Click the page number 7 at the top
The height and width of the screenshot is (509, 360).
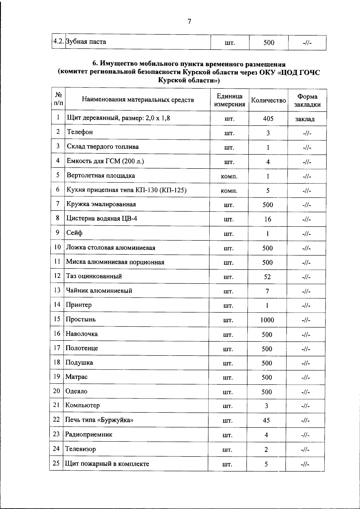pos(189,22)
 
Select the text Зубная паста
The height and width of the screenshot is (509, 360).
pos(86,42)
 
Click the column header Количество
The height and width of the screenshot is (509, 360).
pos(268,100)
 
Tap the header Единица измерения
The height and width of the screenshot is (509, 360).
pos(229,100)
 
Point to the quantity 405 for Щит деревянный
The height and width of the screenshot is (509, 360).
pos(268,119)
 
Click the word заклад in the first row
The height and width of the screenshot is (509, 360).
pos(305,119)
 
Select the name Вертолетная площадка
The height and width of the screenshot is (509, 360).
pos(101,176)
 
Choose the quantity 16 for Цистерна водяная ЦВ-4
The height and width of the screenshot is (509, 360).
pos(268,219)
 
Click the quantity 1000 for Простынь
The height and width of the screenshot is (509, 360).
pos(267,320)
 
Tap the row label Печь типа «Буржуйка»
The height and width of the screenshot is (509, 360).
pos(99,420)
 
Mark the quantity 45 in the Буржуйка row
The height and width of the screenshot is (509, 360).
pos(266,421)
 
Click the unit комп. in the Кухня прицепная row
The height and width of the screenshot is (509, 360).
pos(229,191)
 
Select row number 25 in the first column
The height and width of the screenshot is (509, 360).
pos(56,463)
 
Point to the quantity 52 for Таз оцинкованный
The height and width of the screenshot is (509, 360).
pos(267,277)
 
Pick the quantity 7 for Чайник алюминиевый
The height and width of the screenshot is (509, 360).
pos(267,291)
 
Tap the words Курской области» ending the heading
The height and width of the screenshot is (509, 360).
pos(189,80)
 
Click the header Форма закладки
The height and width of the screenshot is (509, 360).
pos(307,100)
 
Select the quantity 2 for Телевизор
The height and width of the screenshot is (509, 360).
pos(266,450)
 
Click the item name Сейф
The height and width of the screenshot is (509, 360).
pos(74,233)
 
